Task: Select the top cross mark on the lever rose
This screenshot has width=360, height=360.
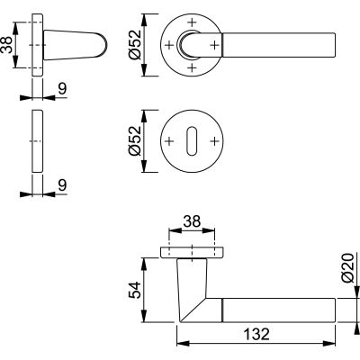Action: click(x=189, y=21)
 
